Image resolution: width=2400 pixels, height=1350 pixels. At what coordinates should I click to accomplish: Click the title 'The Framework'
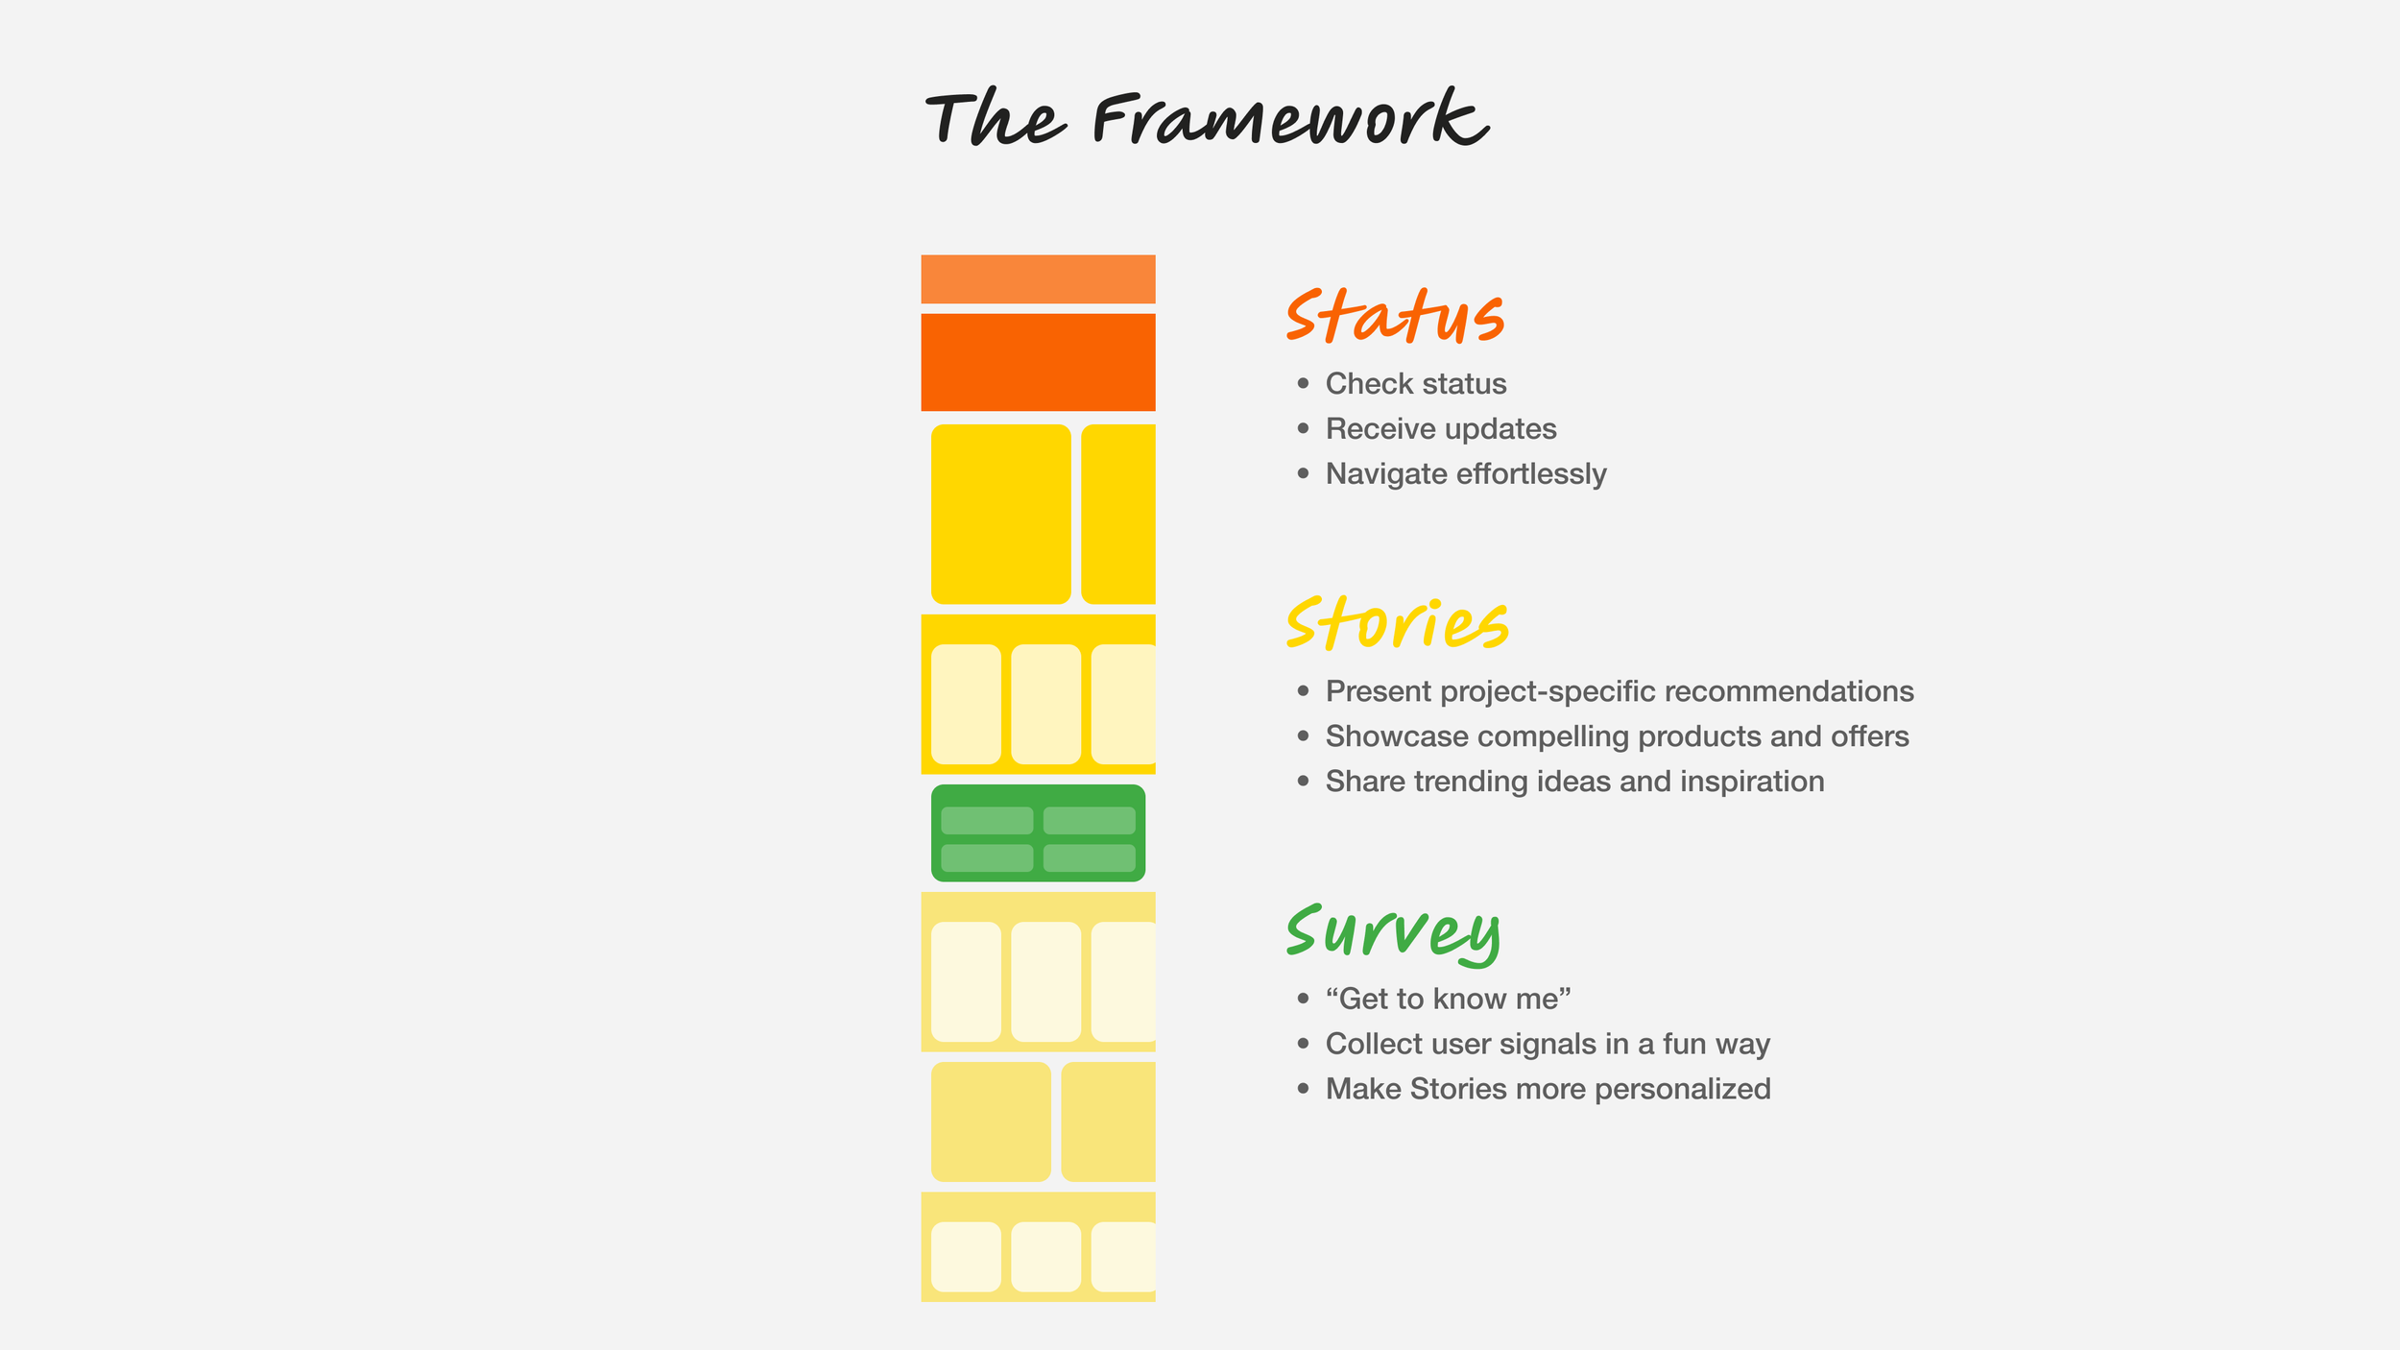(1206, 119)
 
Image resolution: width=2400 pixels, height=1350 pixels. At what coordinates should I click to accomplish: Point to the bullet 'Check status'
(1415, 384)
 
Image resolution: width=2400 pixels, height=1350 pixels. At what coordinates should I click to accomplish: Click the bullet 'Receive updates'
(1440, 429)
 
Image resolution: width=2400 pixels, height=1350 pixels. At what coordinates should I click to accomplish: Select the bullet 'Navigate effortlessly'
(1465, 474)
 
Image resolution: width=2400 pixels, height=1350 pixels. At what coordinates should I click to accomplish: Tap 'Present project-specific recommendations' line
(1619, 691)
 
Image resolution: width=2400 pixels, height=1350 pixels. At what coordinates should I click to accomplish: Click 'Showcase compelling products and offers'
(1617, 736)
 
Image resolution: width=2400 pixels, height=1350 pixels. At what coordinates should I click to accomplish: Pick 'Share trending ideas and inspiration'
(1574, 782)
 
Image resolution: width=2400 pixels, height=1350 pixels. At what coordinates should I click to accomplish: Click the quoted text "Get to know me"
(1448, 1000)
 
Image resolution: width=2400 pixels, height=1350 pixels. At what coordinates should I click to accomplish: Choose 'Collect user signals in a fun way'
(1548, 1045)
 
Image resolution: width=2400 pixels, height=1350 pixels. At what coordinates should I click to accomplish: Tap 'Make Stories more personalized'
(1548, 1090)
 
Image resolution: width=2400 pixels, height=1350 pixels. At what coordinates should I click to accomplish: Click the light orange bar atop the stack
(1038, 278)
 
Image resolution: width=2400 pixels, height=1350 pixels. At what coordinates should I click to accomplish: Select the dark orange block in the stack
(1038, 362)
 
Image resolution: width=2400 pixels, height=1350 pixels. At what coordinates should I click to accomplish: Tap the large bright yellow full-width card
(1000, 514)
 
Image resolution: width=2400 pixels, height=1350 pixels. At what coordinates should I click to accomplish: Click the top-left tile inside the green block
(987, 821)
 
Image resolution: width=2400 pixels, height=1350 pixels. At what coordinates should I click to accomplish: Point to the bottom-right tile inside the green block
(1089, 857)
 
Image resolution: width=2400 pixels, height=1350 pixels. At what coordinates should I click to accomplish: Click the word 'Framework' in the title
(1290, 119)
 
